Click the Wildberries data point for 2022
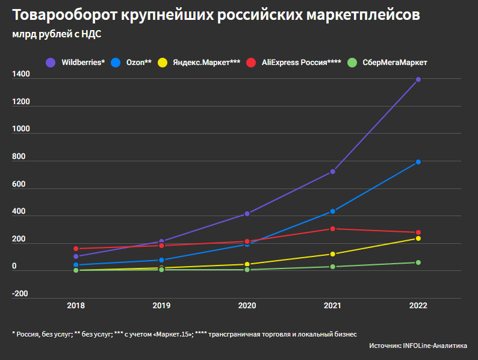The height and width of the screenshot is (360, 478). tap(418, 79)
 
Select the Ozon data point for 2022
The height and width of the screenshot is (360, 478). tap(418, 162)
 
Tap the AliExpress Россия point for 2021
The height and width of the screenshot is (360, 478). tap(332, 229)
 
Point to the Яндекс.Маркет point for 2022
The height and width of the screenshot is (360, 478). tap(418, 238)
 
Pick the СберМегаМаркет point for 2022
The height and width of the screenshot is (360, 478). tap(418, 262)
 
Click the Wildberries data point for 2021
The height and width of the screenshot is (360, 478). tap(332, 172)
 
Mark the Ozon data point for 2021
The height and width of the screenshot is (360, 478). tap(332, 211)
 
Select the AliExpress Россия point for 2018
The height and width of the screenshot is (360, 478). tap(76, 249)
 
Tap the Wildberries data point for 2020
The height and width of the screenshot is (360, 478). tap(247, 214)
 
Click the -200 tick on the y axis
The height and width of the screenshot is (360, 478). tap(20, 294)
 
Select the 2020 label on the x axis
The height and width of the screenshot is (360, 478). tap(247, 306)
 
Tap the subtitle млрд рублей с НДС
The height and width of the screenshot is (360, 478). tap(57, 34)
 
